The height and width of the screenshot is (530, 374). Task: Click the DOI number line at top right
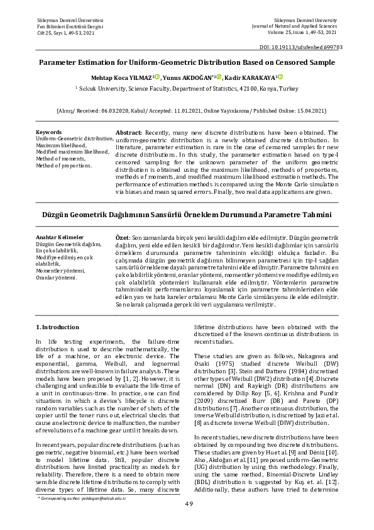click(x=300, y=47)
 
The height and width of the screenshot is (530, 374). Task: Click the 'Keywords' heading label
click(x=49, y=132)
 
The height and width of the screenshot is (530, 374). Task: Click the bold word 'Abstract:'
click(x=129, y=133)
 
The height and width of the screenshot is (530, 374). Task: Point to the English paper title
click(x=187, y=63)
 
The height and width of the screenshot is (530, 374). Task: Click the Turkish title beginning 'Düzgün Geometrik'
click(x=187, y=215)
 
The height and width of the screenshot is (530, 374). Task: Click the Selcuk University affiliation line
click(x=187, y=89)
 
